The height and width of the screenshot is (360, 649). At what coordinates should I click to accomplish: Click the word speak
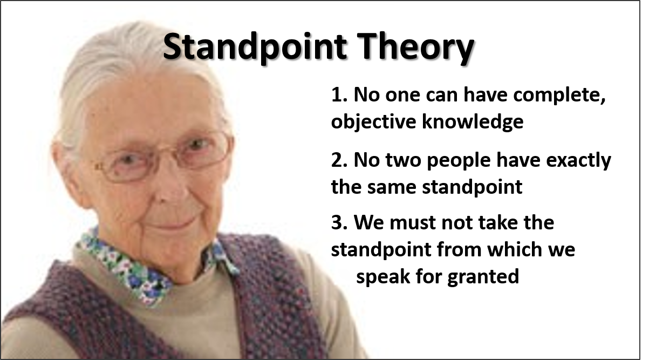(384, 276)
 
